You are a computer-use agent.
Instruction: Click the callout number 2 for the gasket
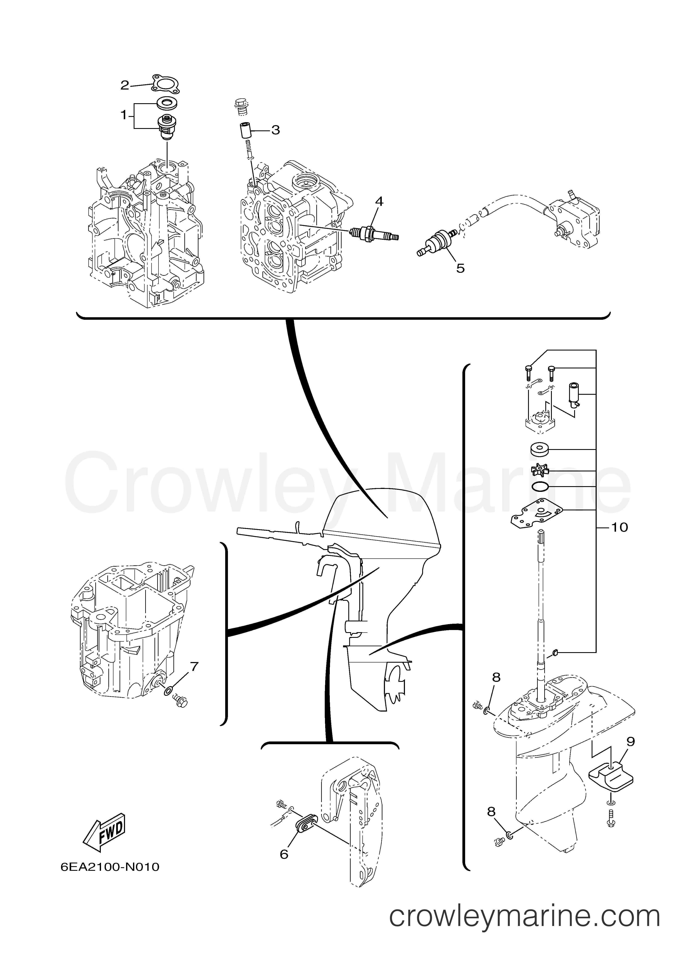tap(124, 85)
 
